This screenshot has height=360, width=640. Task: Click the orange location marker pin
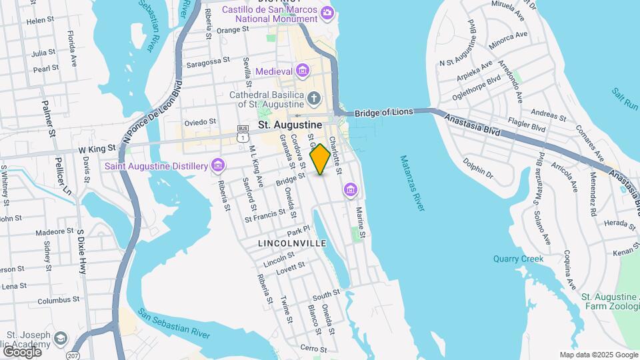[x=320, y=159]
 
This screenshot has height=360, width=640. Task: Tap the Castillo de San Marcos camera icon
[x=327, y=12]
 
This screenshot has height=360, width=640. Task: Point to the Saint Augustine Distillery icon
[x=217, y=165]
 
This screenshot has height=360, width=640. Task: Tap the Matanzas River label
[x=412, y=183]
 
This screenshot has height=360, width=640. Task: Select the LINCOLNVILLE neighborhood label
[x=292, y=244]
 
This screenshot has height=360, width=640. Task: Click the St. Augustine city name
[x=290, y=125]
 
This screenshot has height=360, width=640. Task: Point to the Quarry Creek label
[x=519, y=259]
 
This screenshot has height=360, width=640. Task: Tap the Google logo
[x=22, y=351]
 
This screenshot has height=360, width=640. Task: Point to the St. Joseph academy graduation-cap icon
[x=61, y=339]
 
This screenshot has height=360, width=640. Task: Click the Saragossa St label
[x=208, y=59]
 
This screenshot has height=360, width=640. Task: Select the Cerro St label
[x=313, y=348]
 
